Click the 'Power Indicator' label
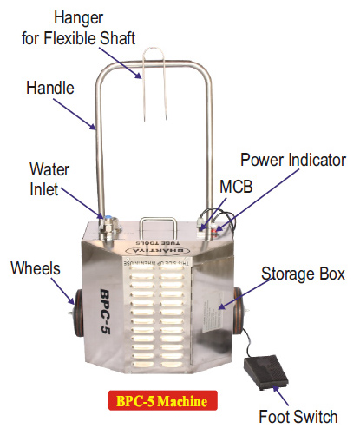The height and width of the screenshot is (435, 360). click(x=292, y=160)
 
